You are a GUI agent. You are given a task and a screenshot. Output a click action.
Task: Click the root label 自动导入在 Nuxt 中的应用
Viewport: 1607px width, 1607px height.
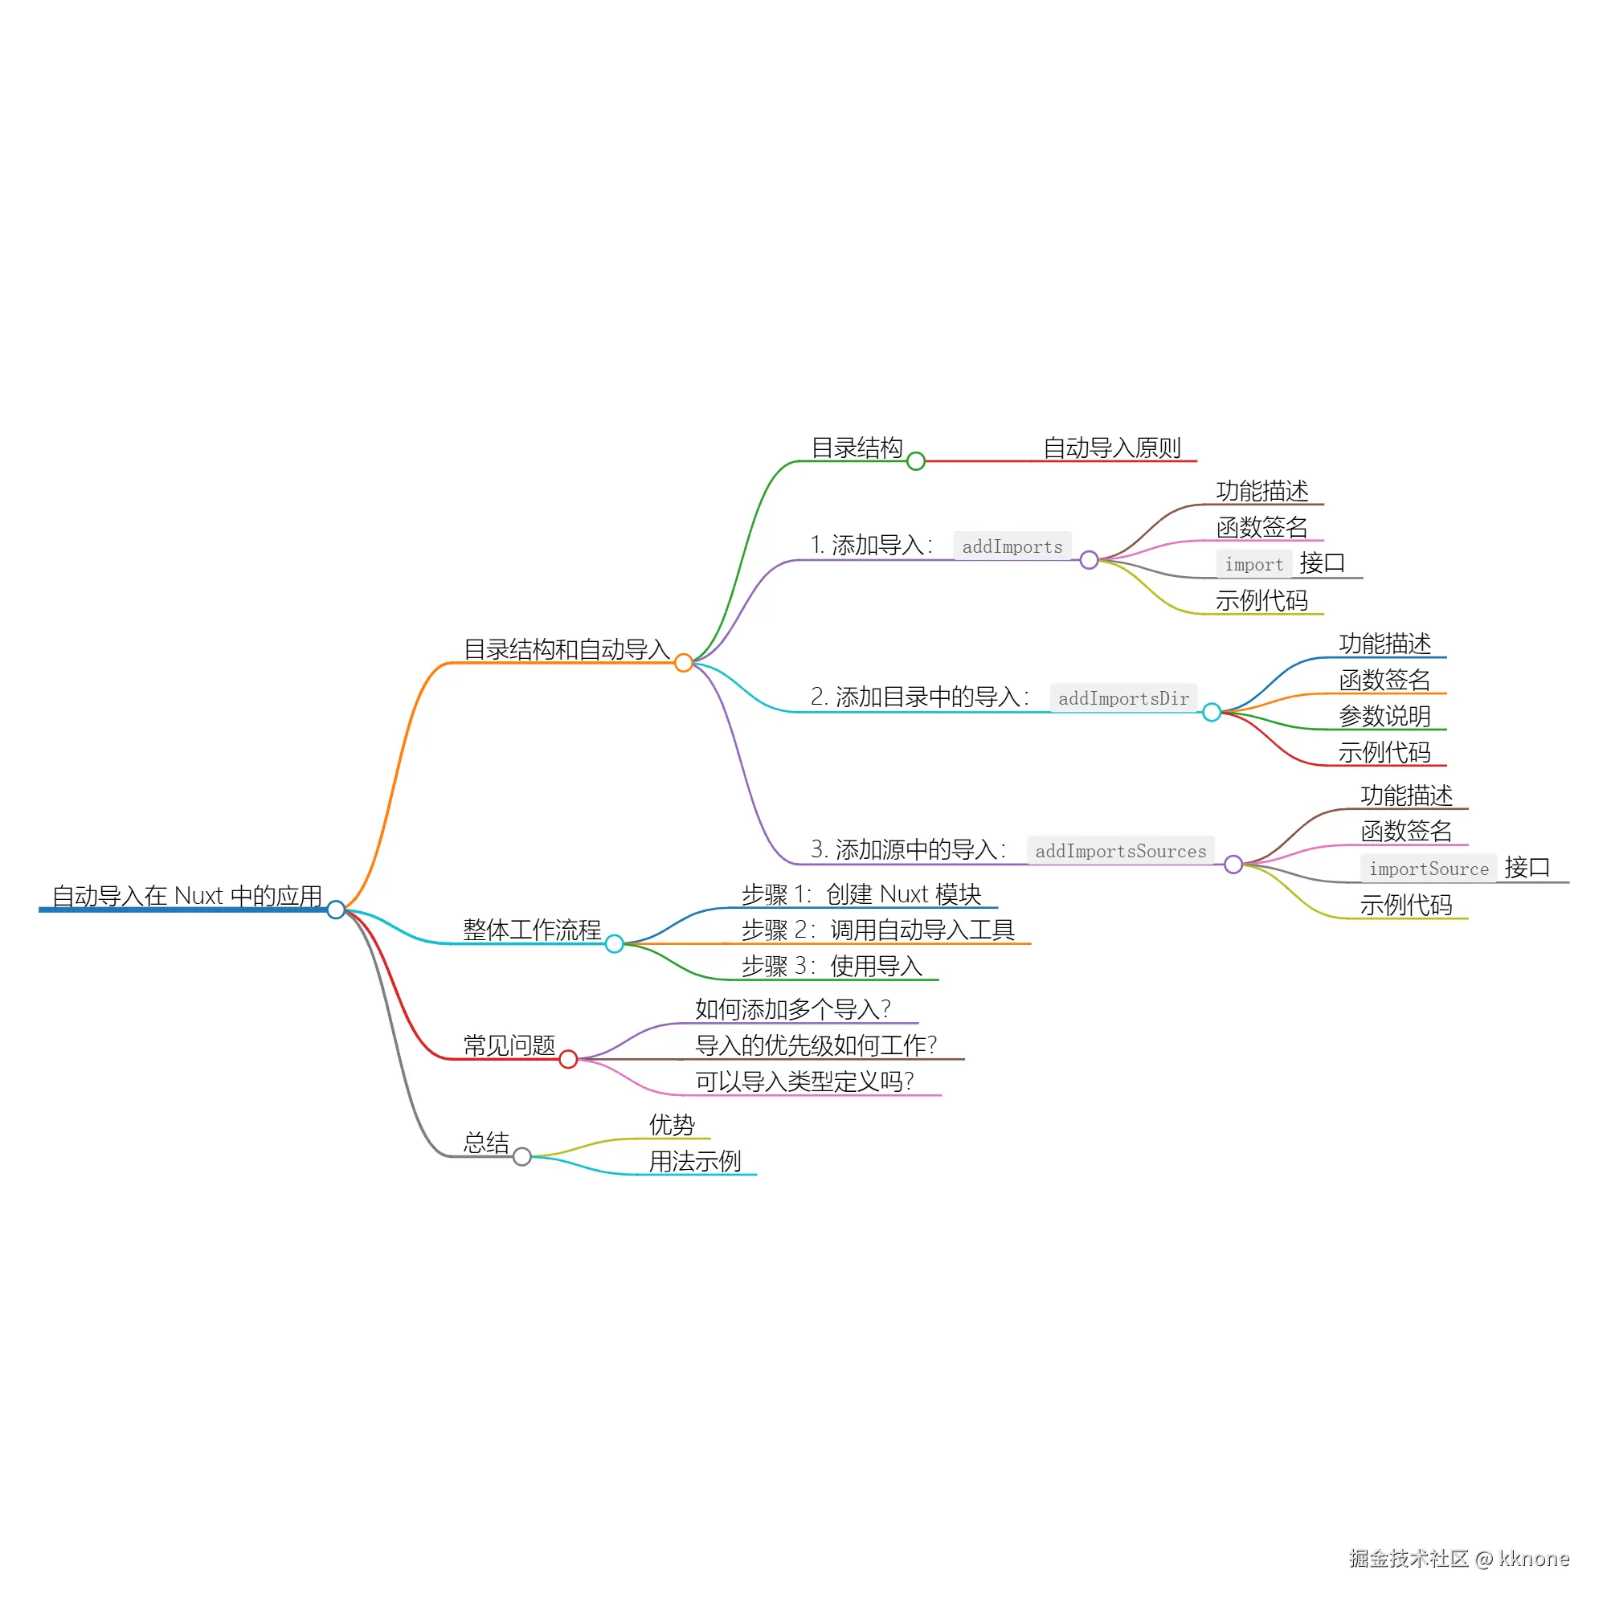187,896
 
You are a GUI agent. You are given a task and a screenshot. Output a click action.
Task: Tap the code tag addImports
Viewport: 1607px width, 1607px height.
1012,546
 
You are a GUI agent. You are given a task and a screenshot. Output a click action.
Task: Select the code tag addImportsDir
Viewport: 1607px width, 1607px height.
1124,698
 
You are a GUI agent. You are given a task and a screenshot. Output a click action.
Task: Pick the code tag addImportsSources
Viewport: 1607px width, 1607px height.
1120,851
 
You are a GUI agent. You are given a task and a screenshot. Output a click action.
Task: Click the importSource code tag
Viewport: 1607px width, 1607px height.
1429,869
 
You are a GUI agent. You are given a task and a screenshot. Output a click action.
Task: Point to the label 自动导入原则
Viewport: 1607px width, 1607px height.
1112,448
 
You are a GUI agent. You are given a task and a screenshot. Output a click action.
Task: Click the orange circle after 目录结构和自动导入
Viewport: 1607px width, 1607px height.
684,663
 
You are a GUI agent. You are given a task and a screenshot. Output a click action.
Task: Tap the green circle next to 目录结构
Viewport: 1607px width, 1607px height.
916,460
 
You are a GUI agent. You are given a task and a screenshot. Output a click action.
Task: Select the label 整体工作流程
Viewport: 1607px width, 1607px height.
533,930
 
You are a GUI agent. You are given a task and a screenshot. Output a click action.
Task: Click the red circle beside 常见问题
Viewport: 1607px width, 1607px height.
568,1059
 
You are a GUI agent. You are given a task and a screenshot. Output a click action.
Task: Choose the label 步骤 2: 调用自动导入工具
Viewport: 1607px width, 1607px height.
877,930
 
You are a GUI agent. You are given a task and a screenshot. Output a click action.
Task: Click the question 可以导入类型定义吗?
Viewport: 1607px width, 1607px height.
804,1082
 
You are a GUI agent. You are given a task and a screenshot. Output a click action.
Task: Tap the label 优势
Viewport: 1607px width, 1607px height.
672,1125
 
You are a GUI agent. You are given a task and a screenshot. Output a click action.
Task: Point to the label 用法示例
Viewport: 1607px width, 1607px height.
695,1161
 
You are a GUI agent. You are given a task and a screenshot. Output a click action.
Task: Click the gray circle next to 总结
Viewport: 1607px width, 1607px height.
522,1156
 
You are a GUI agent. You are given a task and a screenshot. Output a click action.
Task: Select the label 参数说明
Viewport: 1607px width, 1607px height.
1385,715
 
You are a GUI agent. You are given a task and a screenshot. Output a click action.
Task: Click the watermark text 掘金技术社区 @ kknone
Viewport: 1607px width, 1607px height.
1459,1559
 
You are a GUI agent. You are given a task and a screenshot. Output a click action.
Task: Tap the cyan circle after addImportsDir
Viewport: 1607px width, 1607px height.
1212,712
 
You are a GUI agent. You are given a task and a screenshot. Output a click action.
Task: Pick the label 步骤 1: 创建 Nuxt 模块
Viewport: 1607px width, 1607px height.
861,894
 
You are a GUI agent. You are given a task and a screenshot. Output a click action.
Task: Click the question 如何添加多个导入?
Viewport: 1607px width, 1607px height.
793,1009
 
